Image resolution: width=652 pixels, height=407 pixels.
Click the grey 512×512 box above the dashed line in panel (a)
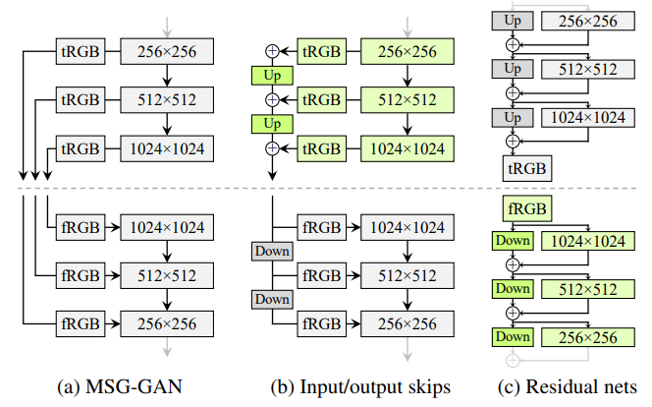click(167, 99)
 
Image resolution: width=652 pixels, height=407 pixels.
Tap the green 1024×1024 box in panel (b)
click(407, 149)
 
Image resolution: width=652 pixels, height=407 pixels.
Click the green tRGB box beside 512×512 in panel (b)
click(321, 99)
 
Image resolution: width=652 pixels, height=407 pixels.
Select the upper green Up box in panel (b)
click(272, 75)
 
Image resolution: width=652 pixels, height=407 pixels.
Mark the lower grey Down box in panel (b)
click(272, 299)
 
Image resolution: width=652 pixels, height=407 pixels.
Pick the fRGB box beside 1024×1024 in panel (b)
click(321, 227)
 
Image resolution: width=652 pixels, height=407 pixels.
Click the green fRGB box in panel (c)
click(525, 207)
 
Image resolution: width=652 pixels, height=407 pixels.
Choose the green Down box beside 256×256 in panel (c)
click(511, 337)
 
